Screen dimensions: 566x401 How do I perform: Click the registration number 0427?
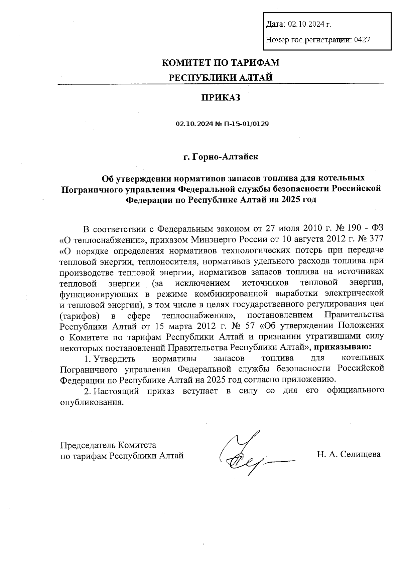point(362,40)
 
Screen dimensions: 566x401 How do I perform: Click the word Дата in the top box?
point(275,24)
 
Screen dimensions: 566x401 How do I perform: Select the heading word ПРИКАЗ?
point(221,98)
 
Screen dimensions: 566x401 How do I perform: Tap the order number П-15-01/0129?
point(246,124)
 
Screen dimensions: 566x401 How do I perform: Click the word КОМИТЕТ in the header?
point(183,62)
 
